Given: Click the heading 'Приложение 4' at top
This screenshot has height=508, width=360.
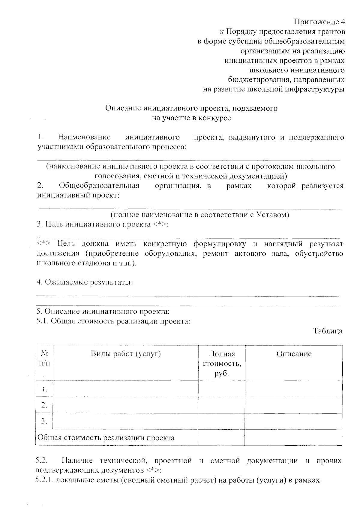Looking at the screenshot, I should [x=319, y=22].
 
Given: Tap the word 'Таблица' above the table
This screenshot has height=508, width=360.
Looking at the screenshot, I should [x=328, y=331].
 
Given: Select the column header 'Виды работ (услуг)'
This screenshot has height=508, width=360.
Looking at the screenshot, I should [x=126, y=354].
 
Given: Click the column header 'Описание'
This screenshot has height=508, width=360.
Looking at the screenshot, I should [x=294, y=354].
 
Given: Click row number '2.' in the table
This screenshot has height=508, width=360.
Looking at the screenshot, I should [x=44, y=405].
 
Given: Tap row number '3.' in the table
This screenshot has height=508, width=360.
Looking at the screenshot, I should [x=44, y=421].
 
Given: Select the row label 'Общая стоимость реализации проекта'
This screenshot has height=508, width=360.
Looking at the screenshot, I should [x=106, y=437].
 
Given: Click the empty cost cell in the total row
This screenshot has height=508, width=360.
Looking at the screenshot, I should [x=221, y=437].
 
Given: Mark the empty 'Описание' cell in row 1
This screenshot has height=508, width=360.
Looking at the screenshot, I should [x=294, y=389].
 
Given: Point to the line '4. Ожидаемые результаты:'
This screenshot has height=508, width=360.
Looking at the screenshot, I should [x=85, y=282].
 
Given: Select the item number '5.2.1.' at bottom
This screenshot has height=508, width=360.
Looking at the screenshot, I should [x=44, y=480].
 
